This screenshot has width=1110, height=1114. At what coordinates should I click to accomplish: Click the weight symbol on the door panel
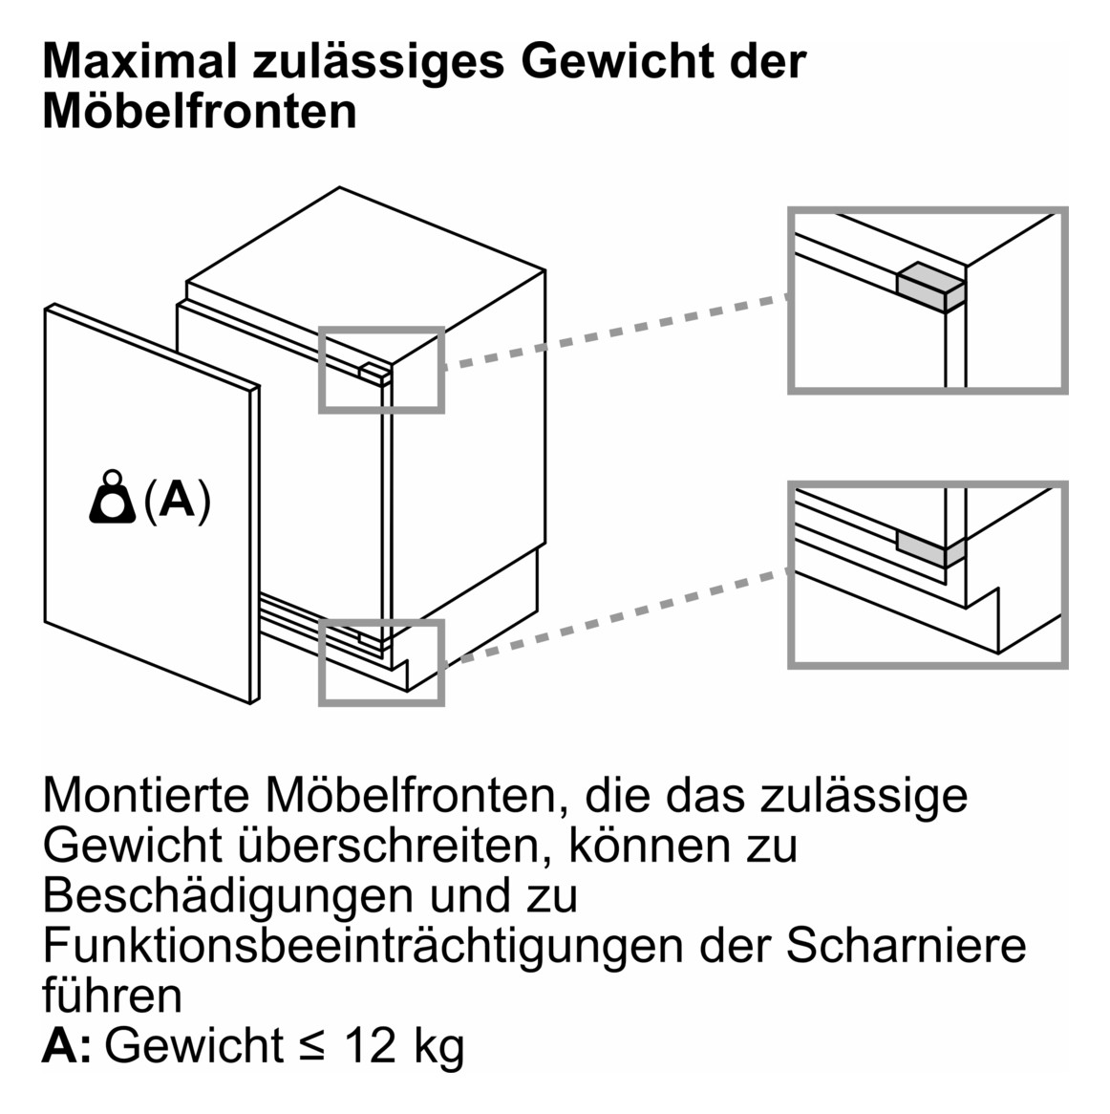pyautogui.click(x=113, y=498)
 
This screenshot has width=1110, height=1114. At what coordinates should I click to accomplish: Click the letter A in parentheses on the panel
pyautogui.click(x=177, y=500)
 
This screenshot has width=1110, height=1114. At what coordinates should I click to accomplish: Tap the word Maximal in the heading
pyautogui.click(x=139, y=62)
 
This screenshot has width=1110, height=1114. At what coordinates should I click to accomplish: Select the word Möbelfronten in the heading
pyautogui.click(x=200, y=111)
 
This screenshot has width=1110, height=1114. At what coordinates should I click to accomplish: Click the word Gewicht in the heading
pyautogui.click(x=614, y=62)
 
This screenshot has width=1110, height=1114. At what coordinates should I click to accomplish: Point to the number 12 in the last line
pyautogui.click(x=370, y=1045)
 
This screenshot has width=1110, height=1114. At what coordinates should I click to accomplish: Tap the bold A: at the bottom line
pyautogui.click(x=67, y=1045)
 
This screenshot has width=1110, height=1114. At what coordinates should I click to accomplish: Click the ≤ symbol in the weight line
pyautogui.click(x=312, y=1047)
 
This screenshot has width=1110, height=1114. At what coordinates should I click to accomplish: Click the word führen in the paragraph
pyautogui.click(x=112, y=995)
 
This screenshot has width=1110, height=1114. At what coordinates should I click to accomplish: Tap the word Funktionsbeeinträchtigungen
pyautogui.click(x=363, y=945)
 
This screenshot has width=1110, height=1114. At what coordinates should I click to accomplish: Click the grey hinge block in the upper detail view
pyautogui.click(x=929, y=285)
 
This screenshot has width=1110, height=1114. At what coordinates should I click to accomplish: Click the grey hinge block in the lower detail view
pyautogui.click(x=927, y=547)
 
